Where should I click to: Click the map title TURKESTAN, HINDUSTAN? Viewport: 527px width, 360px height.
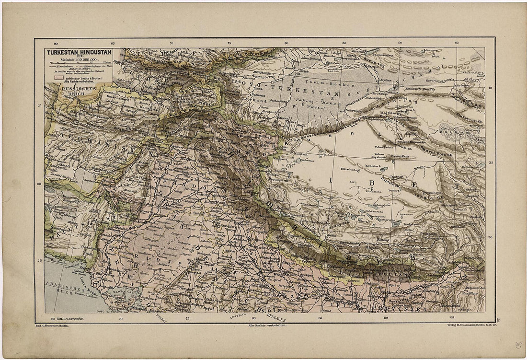tap(79, 54)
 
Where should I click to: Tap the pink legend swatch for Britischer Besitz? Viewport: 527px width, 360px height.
tap(59, 77)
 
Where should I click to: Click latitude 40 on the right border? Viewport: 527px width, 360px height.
tap(490, 88)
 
